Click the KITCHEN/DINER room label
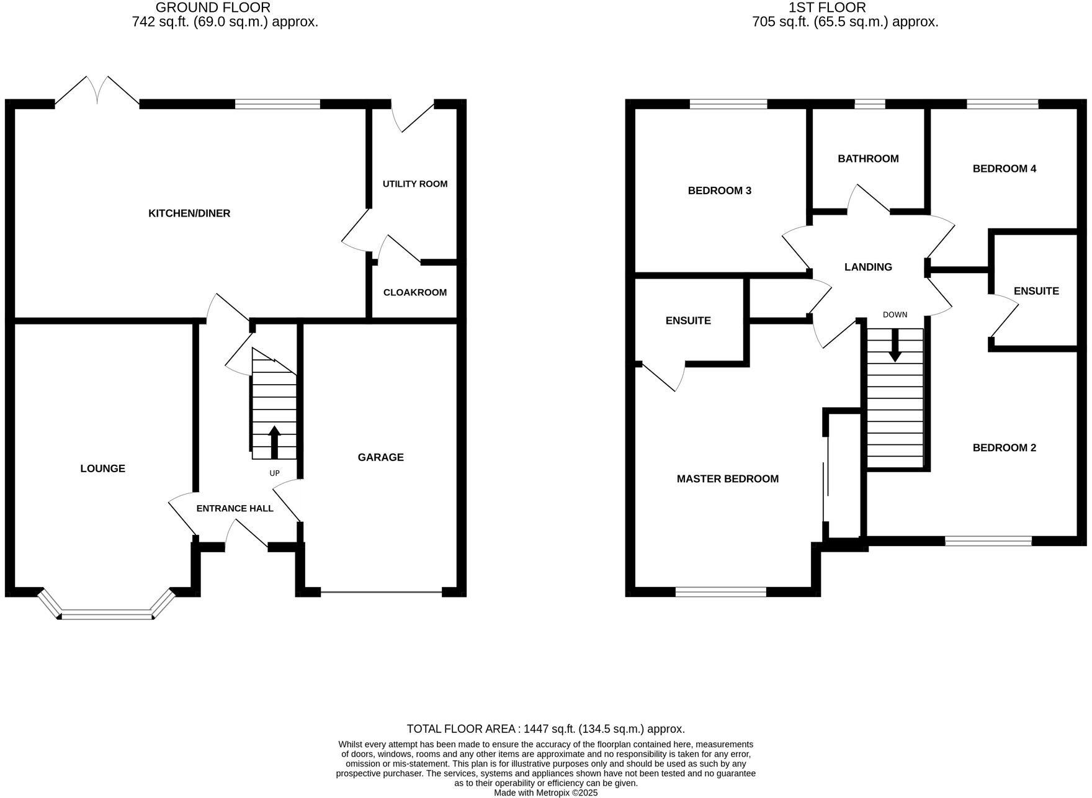(189, 213)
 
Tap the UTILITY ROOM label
(414, 184)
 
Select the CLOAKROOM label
(414, 292)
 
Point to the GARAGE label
(380, 457)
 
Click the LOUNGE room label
(102, 468)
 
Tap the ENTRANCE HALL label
(235, 508)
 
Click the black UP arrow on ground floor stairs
(274, 441)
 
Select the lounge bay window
(107, 615)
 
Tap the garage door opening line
(381, 593)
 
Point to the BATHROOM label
(868, 159)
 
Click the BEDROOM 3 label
(719, 191)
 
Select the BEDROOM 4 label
(1004, 169)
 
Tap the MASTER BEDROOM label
(727, 478)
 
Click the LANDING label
(868, 267)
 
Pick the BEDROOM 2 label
(1004, 447)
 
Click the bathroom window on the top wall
(869, 104)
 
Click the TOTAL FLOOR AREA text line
(545, 729)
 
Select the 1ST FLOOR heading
(844, 8)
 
